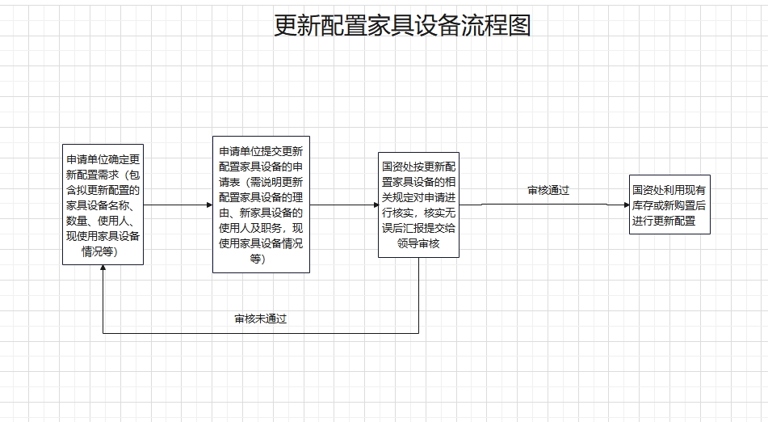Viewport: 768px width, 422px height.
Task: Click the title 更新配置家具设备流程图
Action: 402,25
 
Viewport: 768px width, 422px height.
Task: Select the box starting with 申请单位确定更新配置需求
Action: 103,205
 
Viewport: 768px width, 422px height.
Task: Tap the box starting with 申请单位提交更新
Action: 261,205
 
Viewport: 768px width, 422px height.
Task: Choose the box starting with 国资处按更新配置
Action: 418,205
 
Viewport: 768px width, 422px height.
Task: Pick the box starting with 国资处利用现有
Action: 669,205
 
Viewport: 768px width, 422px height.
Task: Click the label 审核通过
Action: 548,191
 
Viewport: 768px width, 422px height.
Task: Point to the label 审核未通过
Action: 260,319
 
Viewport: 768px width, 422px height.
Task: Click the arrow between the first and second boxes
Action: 178,205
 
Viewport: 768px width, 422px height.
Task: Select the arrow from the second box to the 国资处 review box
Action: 344,205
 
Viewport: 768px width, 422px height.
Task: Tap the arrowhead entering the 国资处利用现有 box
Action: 625,205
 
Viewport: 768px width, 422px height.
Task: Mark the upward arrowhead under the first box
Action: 103,269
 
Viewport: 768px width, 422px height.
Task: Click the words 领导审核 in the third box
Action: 418,243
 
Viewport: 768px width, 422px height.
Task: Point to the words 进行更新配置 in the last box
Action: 664,221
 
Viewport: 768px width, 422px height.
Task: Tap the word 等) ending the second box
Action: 257,259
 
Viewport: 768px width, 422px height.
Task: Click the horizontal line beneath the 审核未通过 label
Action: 260,332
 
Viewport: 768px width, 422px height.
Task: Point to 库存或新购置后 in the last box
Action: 669,205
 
